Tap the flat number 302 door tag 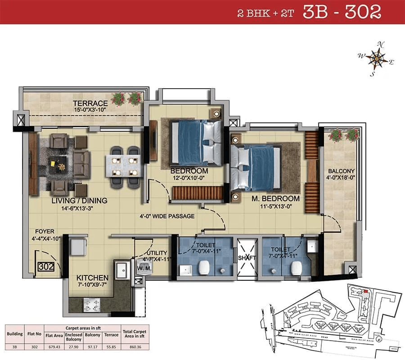coord(46,266)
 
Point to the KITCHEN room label coord(92,278)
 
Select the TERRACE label coord(90,103)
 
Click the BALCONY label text coord(341,171)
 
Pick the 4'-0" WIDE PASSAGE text coord(166,216)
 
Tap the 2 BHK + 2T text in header coord(266,13)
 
